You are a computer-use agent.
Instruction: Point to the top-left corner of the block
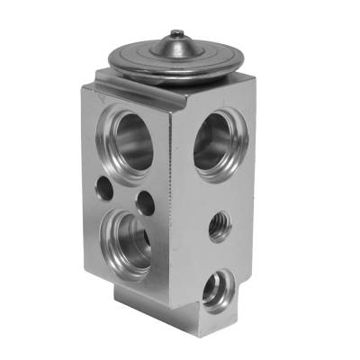[x=83, y=84]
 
